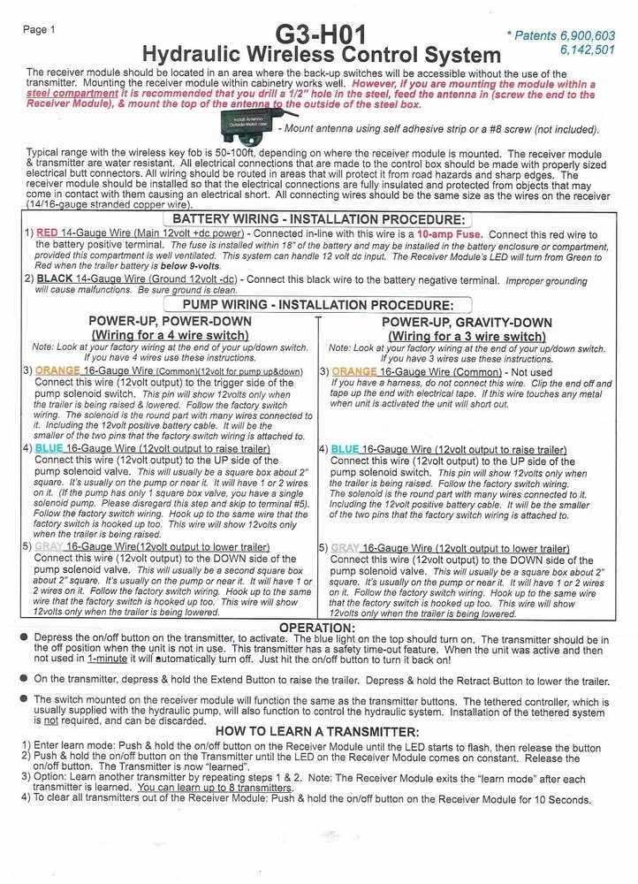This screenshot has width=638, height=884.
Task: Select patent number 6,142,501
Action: tap(588, 50)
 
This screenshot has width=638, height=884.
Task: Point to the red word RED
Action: tap(48, 234)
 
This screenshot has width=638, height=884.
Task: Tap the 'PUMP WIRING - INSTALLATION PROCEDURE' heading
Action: tap(317, 305)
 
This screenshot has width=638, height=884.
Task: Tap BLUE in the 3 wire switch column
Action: tap(346, 449)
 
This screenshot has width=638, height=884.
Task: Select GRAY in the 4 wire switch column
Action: tap(49, 548)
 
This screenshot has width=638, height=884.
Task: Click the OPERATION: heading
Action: tap(317, 627)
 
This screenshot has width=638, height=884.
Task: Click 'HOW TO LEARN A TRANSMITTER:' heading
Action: tap(317, 732)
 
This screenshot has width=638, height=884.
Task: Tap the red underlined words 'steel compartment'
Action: tap(67, 93)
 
